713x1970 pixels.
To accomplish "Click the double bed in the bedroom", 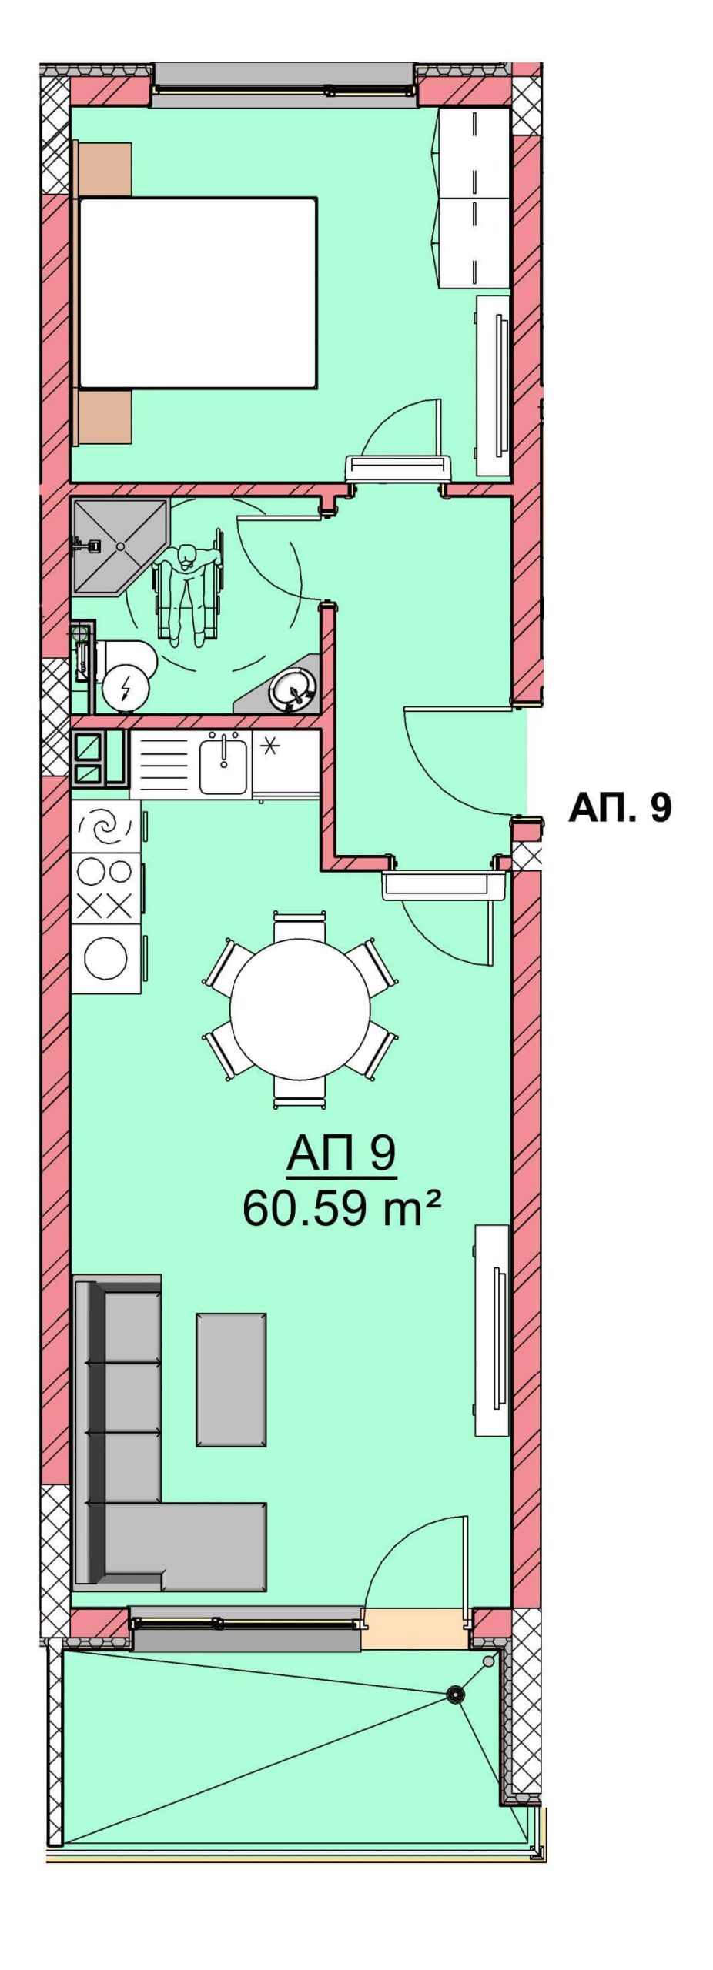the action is point(197,292).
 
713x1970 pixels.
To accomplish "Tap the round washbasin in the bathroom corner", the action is point(293,687).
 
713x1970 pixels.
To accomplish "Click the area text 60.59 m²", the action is point(342,1207).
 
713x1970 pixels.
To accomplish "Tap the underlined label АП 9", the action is point(341,1154).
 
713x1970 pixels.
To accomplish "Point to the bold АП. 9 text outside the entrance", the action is point(620,807).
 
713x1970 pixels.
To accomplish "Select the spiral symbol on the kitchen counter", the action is point(106,827).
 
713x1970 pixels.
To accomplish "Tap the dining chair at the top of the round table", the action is point(300,927).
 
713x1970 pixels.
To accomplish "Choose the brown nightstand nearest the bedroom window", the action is point(103,168).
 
